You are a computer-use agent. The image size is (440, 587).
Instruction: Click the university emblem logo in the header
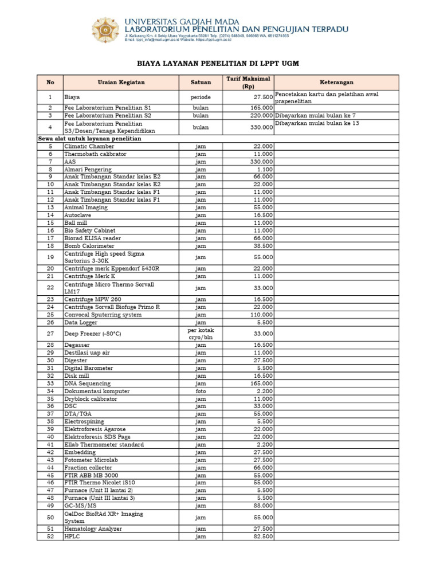[x=107, y=29]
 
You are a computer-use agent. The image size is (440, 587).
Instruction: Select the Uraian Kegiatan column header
[x=121, y=83]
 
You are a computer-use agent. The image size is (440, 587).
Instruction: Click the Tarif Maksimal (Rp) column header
[x=248, y=83]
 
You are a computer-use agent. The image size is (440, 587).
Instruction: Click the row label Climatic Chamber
[x=85, y=147]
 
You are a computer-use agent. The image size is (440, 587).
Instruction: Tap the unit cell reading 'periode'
[x=201, y=97]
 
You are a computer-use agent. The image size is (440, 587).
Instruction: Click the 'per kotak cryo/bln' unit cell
[x=201, y=334]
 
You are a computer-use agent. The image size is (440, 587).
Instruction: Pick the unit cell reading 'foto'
[x=201, y=391]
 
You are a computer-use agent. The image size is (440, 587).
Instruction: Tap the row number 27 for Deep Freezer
[x=50, y=334]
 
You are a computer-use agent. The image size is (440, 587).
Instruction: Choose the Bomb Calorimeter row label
[x=89, y=245]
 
